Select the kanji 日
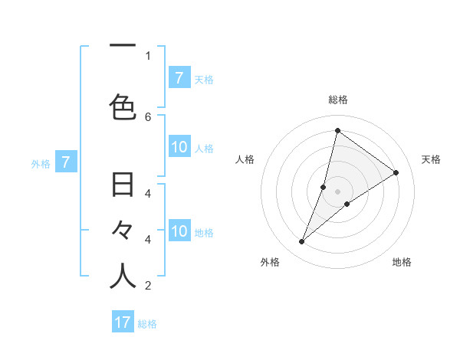(123, 185)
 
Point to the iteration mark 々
(123, 230)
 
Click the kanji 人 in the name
(123, 277)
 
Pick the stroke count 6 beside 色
(148, 116)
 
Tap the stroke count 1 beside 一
(148, 55)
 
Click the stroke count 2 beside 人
(148, 286)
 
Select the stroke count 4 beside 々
(148, 239)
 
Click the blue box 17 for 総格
(123, 322)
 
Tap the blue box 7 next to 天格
(179, 77)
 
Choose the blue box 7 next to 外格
(66, 162)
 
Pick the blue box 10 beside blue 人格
(179, 147)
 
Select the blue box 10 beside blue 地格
(179, 231)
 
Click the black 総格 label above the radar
(337, 100)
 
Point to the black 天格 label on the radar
(431, 159)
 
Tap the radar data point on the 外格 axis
(302, 242)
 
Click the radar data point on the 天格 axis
(396, 173)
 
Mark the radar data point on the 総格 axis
(337, 130)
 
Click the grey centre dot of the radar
(337, 191)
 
